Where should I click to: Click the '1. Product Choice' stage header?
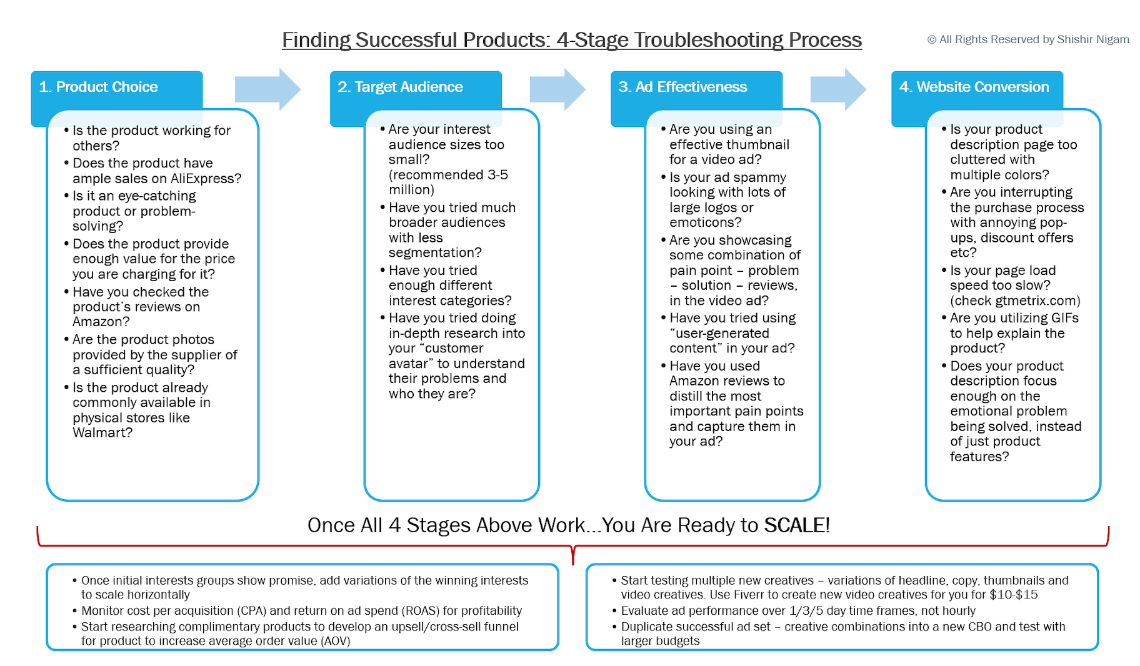pos(99,87)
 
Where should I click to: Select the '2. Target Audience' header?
pos(400,87)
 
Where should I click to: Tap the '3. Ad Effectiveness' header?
pos(682,87)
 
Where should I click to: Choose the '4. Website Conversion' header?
pos(974,87)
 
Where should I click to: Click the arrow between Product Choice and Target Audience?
pos(267,89)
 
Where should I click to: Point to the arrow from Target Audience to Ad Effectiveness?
pos(557,89)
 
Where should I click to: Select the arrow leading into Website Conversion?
pos(837,89)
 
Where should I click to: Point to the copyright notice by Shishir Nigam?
pos(1028,39)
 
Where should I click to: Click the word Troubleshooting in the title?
pos(708,40)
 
